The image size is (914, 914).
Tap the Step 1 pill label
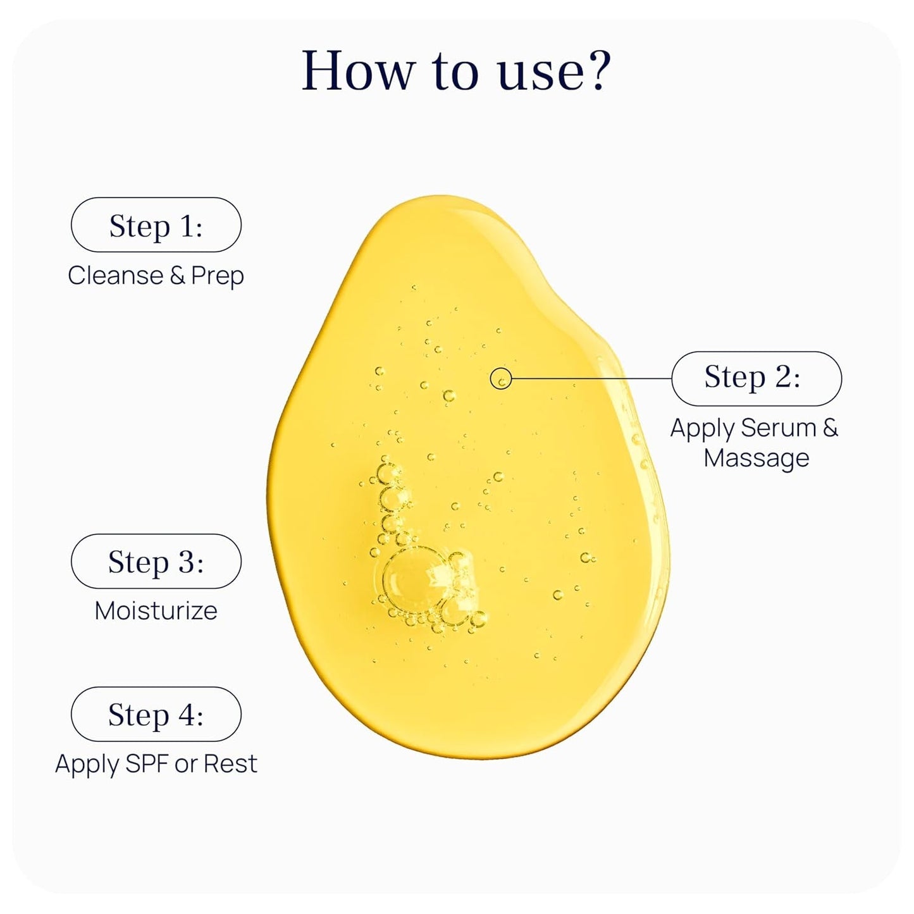coord(156,225)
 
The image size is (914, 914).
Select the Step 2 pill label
coord(757,378)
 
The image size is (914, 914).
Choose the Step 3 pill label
coord(156,561)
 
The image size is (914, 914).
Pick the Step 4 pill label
coord(156,714)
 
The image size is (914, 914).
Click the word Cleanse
coord(116,275)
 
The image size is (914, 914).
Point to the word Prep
coord(217,276)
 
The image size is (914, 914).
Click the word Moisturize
coord(156,610)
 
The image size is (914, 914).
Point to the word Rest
coord(231,763)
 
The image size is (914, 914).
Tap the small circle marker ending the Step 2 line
coord(501,378)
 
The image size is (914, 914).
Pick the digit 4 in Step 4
coord(185,714)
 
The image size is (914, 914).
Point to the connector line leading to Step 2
coord(591,378)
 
